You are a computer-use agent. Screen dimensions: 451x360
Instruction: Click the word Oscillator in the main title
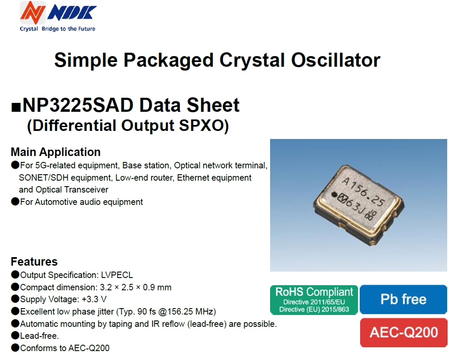coord(335,60)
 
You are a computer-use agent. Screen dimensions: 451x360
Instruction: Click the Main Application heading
coord(56,152)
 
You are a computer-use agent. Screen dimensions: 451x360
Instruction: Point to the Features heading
coord(34,261)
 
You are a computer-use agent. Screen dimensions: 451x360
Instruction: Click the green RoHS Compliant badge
coord(314,300)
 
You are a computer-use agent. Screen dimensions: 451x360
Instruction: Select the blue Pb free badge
coord(403,299)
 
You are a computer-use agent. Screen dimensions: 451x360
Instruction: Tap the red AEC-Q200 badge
coord(403,332)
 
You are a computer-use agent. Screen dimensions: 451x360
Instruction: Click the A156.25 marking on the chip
coord(363,192)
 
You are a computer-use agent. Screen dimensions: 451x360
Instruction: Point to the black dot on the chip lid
coord(334,195)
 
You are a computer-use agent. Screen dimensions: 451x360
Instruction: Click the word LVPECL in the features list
coord(117,275)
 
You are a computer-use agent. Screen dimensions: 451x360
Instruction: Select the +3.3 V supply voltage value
coord(94,299)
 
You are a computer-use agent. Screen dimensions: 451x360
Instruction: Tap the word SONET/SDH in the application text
coord(44,178)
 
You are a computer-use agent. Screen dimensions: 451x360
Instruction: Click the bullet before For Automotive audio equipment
coord(15,201)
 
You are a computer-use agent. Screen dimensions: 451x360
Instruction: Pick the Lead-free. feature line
coord(39,336)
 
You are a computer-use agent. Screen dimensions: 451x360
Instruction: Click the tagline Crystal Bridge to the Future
coord(57,29)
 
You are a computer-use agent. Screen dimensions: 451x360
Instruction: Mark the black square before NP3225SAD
coord(16,107)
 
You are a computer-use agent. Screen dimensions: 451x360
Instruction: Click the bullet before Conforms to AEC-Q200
coord(15,348)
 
